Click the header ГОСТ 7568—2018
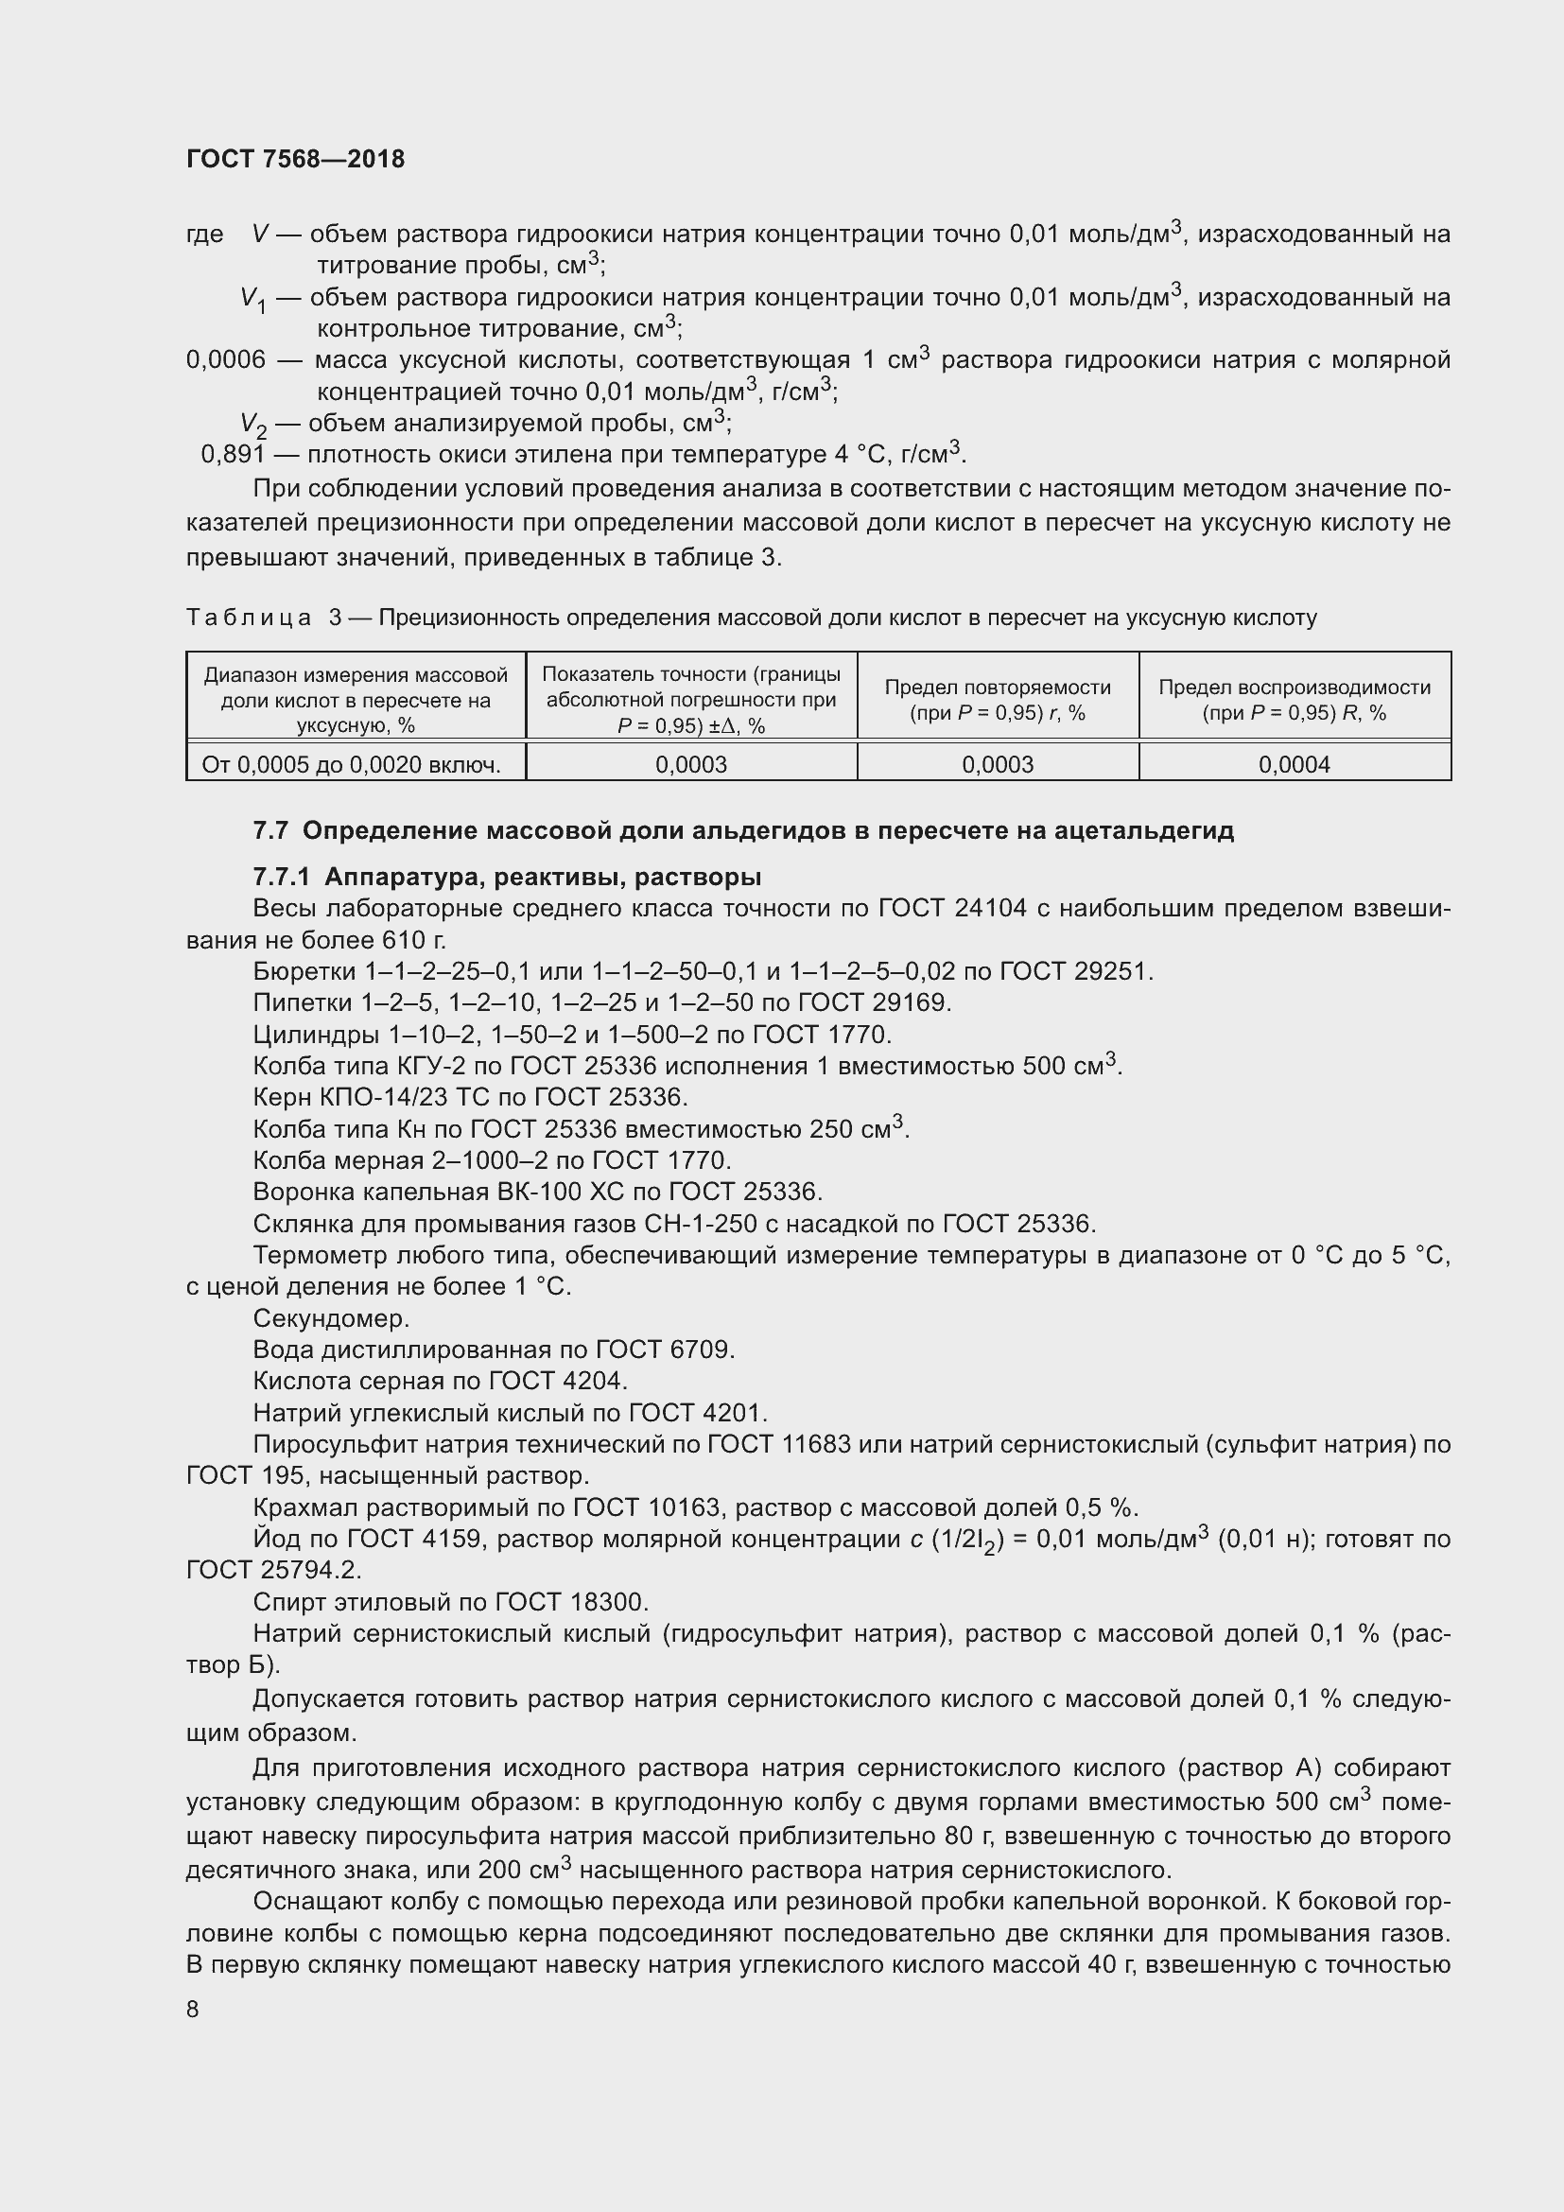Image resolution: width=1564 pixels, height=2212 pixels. click(296, 159)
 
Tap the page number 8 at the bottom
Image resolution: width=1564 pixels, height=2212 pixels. click(193, 2009)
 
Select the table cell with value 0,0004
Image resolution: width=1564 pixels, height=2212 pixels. click(1294, 764)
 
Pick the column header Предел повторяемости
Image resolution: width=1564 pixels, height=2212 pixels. click(997, 687)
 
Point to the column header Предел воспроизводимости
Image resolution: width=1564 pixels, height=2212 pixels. click(1294, 687)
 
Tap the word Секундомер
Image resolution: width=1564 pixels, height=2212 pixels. click(331, 1318)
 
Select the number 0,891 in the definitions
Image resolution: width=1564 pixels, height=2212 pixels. click(232, 454)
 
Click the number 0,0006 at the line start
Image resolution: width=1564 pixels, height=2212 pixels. click(225, 360)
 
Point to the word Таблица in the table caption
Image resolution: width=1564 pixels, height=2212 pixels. click(249, 618)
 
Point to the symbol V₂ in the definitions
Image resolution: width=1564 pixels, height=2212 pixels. click(252, 424)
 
